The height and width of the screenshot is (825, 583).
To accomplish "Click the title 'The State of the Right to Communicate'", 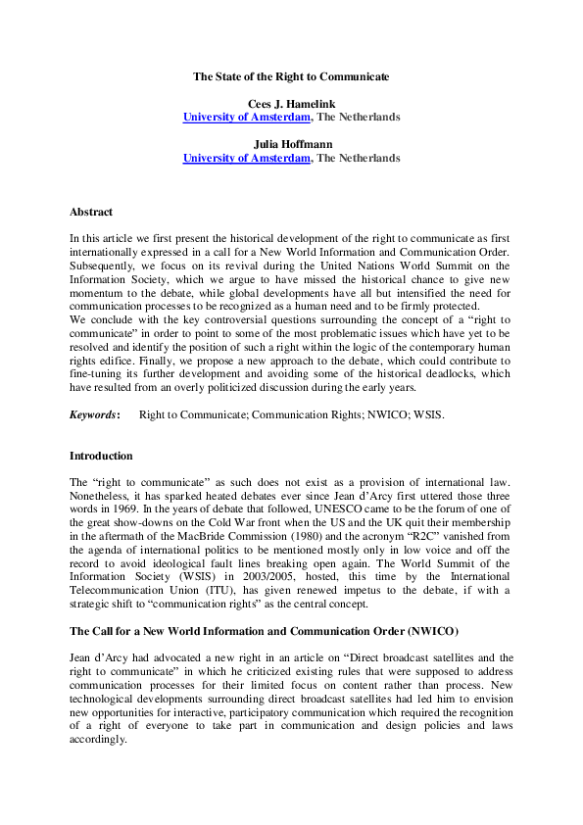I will click(291, 75).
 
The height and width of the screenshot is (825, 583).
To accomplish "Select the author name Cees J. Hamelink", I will click(291, 102).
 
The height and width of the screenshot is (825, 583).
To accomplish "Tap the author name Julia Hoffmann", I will click(291, 143).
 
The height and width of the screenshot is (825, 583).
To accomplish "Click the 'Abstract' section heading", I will click(90, 212).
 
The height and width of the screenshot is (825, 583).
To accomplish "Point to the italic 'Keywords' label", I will click(93, 415).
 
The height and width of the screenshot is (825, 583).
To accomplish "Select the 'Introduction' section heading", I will click(101, 456).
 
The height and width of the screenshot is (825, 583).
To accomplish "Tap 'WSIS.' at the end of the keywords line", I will click(427, 415).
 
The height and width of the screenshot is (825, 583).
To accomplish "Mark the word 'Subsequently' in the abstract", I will click(101, 266).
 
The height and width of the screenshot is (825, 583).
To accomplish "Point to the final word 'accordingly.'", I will click(98, 742).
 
